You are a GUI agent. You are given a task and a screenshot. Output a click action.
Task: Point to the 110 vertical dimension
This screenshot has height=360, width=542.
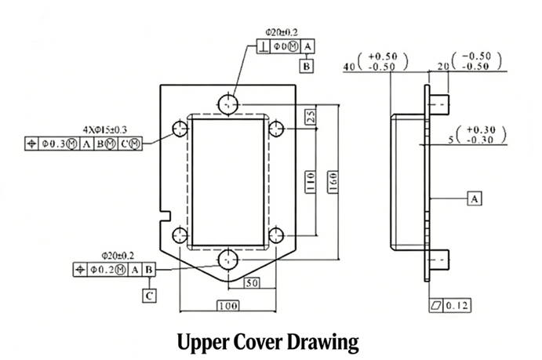(x=311, y=182)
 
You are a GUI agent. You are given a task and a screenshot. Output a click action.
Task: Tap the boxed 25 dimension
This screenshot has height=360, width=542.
(x=311, y=116)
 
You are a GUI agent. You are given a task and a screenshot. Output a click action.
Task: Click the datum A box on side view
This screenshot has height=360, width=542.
(x=475, y=199)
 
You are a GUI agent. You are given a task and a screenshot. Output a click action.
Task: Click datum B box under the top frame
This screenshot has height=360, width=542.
(x=306, y=67)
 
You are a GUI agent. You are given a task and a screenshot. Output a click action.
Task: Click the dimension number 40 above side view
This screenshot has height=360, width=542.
(x=350, y=68)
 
